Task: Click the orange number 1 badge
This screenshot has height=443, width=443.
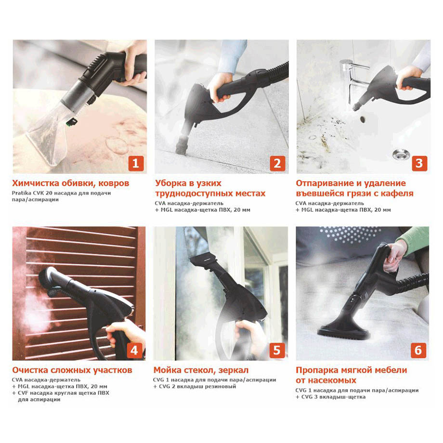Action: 136,163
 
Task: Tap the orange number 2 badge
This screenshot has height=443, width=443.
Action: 277,163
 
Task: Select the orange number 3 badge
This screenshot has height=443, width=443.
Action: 419,163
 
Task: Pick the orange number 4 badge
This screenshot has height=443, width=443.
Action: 134,351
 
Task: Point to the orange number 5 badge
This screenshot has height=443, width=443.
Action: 277,351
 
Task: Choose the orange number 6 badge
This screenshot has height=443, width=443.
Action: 418,351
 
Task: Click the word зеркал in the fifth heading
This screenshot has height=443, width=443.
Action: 234,370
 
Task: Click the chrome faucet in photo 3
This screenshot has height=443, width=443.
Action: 353,76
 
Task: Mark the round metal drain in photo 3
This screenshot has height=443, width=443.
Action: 401,154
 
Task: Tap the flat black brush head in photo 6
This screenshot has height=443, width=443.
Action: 343,333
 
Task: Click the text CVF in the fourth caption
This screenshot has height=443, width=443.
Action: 23,393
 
